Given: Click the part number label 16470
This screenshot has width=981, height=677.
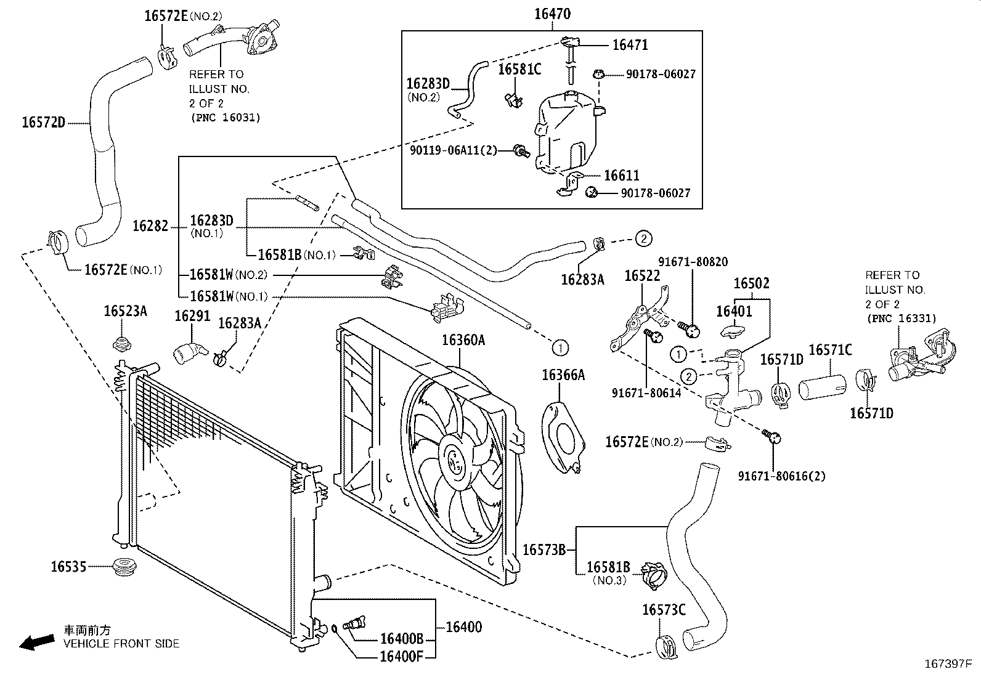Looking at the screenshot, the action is [x=552, y=14].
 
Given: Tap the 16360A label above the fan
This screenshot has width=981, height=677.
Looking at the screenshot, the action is [x=463, y=340].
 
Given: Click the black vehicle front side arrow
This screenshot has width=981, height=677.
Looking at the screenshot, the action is [x=37, y=643].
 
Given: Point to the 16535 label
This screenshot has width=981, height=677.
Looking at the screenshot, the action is [x=68, y=567].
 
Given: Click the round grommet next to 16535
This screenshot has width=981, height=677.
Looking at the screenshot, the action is [x=124, y=567].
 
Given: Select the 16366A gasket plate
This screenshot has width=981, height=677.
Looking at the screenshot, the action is [x=563, y=438].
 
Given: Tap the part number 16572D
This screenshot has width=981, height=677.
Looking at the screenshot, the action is [x=43, y=122].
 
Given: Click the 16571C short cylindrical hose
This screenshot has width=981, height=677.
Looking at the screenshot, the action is [x=823, y=387].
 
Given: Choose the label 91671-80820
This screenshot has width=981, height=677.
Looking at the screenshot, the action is [x=693, y=262].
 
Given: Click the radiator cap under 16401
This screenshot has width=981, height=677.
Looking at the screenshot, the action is [x=732, y=331].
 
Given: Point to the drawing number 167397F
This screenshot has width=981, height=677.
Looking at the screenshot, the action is [x=948, y=664].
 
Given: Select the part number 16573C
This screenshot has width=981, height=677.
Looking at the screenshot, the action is [x=664, y=610].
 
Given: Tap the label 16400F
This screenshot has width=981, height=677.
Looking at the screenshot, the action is [x=401, y=657].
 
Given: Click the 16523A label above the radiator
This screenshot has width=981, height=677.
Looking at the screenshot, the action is [x=125, y=311].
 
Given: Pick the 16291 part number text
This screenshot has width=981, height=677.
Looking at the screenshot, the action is [x=192, y=316].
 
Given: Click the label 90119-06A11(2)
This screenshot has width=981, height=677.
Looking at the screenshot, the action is [x=454, y=151].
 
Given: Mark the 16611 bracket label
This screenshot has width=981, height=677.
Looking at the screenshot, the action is [x=622, y=175].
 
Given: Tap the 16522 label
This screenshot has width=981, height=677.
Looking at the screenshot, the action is [x=642, y=276].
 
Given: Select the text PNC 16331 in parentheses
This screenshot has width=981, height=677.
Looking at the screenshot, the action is [x=902, y=318].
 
